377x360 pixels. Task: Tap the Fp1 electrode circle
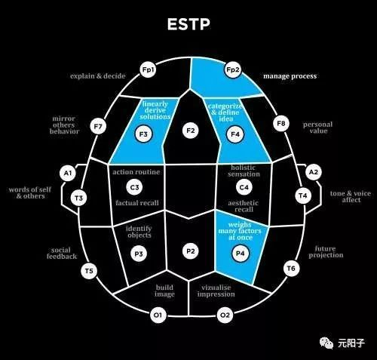148,70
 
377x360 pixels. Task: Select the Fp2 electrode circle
233,70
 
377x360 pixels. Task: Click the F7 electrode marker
97,127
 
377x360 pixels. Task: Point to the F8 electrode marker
281,122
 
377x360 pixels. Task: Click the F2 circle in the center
190,131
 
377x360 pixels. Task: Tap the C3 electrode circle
133,187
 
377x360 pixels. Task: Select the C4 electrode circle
244,186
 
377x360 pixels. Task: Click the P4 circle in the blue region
241,254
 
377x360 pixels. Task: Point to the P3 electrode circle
137,254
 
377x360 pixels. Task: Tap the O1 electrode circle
158,315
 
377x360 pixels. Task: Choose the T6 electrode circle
290,268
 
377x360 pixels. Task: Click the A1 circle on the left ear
68,174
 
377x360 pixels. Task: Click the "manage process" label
290,76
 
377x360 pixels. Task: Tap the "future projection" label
326,251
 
